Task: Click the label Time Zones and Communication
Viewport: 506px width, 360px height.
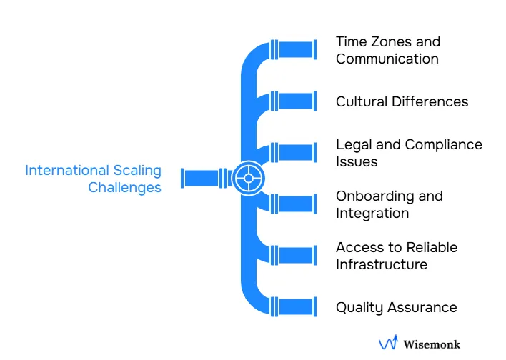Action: (x=387, y=50)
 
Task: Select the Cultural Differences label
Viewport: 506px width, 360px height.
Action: (x=402, y=101)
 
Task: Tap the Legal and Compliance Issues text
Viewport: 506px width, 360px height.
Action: (x=409, y=153)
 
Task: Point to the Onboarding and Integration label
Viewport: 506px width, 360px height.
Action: (x=390, y=204)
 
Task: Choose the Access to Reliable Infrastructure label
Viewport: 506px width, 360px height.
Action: (x=397, y=256)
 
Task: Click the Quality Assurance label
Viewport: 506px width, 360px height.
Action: (x=396, y=307)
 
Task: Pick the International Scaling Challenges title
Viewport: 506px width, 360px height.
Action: (x=93, y=179)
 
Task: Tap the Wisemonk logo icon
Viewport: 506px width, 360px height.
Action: (x=387, y=344)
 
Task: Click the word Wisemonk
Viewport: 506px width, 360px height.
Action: (x=432, y=344)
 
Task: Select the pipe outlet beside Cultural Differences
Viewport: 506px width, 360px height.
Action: (x=293, y=101)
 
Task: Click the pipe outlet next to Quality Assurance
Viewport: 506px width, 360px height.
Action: (x=293, y=307)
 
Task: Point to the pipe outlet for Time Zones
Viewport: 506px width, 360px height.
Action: (x=293, y=50)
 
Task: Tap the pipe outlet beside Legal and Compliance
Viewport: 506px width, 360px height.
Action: (x=293, y=153)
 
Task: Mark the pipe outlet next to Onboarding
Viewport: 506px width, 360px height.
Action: (x=293, y=204)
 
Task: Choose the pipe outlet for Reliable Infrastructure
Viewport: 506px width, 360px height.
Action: (x=293, y=256)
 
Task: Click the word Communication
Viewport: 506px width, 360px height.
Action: (x=387, y=59)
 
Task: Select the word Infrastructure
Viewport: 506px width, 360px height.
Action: (x=382, y=264)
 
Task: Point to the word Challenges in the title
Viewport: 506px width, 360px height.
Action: (x=124, y=187)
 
